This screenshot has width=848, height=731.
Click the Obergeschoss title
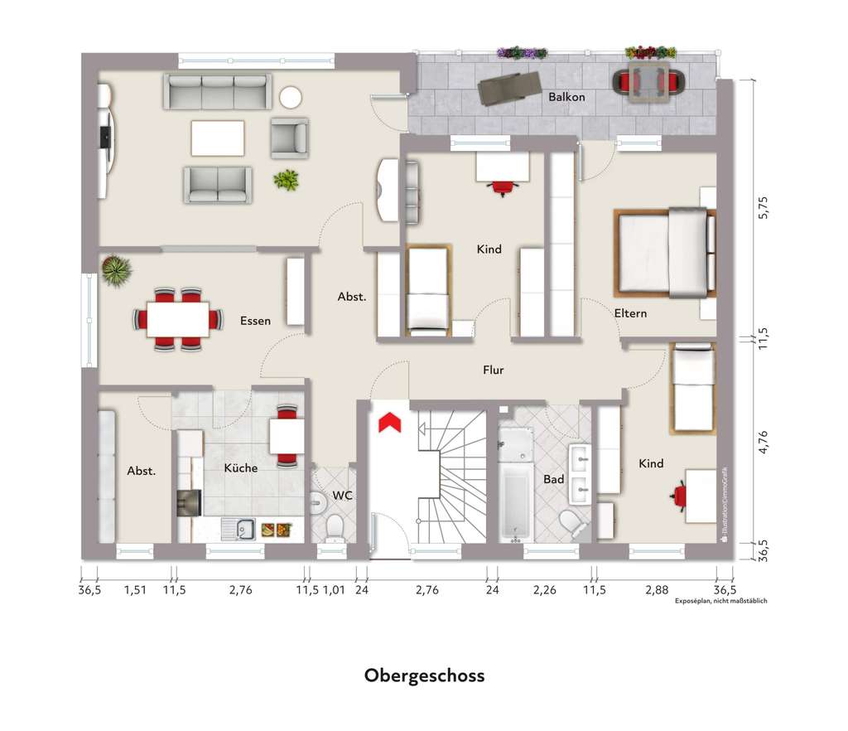(424, 675)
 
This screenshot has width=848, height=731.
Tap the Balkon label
(566, 97)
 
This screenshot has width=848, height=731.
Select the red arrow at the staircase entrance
(389, 423)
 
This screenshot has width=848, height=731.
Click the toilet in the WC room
(335, 525)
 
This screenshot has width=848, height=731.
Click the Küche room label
(241, 467)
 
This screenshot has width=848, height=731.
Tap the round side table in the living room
(291, 98)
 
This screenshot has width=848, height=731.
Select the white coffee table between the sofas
(218, 138)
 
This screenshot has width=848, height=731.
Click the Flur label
(494, 370)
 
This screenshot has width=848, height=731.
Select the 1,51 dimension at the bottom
(134, 590)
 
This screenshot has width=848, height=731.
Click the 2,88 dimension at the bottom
(656, 590)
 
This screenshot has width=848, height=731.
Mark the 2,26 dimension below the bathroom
(545, 590)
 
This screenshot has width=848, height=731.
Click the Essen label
(255, 321)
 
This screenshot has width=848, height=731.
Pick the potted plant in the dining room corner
(115, 271)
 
